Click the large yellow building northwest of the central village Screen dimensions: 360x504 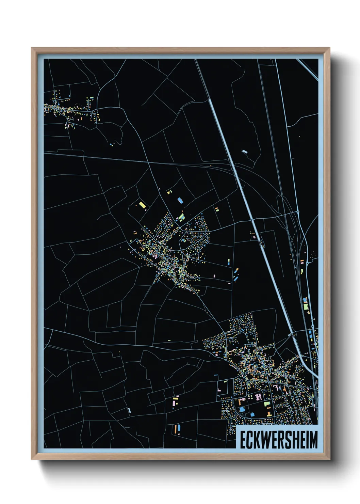[x=142, y=205]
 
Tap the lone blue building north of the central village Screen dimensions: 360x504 [x=180, y=200]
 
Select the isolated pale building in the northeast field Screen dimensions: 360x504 [x=244, y=152]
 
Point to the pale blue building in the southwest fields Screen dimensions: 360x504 [x=129, y=410]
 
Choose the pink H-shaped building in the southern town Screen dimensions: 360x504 [x=258, y=396]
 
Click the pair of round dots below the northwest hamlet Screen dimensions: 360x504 [x=112, y=145]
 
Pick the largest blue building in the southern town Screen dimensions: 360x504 [x=242, y=409]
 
